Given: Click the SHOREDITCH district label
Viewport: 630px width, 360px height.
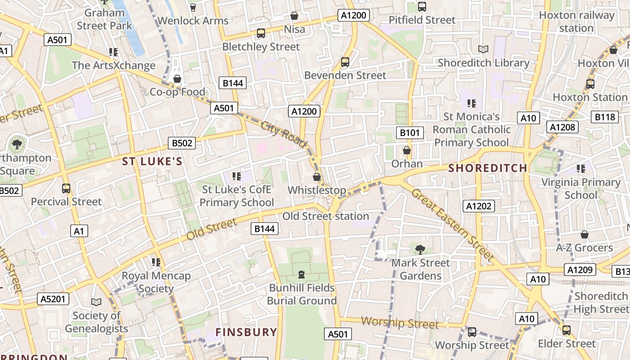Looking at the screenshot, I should click(488, 168).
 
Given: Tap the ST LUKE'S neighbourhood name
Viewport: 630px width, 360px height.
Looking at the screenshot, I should click(153, 162).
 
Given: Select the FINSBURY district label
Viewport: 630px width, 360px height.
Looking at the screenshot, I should click(246, 332).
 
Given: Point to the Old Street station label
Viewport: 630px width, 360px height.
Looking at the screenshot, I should click(326, 216).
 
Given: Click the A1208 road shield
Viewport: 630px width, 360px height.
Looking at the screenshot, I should click(562, 127).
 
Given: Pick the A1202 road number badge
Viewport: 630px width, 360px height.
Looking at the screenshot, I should click(479, 206).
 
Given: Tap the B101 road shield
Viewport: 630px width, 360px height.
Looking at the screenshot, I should click(409, 133).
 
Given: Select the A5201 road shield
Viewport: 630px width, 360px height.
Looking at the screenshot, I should click(53, 299).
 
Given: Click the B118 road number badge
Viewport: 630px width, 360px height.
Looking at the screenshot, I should click(604, 117).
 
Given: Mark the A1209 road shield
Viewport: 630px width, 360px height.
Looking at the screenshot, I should click(580, 270).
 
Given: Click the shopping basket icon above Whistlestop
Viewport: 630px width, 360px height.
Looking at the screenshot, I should click(317, 177).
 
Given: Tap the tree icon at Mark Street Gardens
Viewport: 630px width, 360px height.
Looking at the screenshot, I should click(420, 249).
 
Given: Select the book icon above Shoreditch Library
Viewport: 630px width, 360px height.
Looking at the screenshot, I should click(483, 49).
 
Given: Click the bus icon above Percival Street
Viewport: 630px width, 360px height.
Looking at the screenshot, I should click(66, 189).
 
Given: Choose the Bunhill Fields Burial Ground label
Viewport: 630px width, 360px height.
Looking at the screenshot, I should click(302, 294).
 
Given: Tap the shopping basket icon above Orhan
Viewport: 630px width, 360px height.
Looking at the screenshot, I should click(407, 150).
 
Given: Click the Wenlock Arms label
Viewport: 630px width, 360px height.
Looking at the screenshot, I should click(193, 20).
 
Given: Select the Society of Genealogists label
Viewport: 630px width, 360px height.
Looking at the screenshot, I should click(96, 322).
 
